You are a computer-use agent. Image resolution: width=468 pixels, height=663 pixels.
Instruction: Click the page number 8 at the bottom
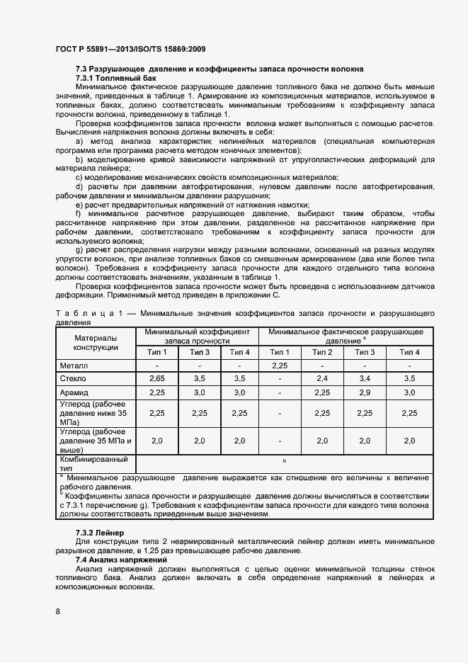(57, 610)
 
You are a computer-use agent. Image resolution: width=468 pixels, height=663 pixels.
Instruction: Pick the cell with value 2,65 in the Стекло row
(157, 379)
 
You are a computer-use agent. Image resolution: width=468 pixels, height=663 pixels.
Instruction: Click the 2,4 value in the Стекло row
(322, 379)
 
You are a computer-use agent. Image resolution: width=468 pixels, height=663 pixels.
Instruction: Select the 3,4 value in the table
(365, 379)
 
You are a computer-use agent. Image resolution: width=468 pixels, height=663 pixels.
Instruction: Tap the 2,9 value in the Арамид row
(365, 392)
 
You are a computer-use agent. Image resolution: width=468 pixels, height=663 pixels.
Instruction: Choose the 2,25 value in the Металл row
(280, 365)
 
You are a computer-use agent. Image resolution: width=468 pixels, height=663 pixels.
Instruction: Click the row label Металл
(74, 365)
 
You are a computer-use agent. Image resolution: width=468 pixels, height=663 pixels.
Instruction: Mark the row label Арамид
(76, 392)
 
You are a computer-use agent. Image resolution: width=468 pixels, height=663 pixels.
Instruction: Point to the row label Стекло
(74, 379)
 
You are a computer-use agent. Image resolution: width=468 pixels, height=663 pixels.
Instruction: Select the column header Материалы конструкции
(96, 343)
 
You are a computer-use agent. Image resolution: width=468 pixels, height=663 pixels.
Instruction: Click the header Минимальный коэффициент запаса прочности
(198, 336)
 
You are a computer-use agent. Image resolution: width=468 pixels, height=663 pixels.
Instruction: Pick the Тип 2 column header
(322, 352)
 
